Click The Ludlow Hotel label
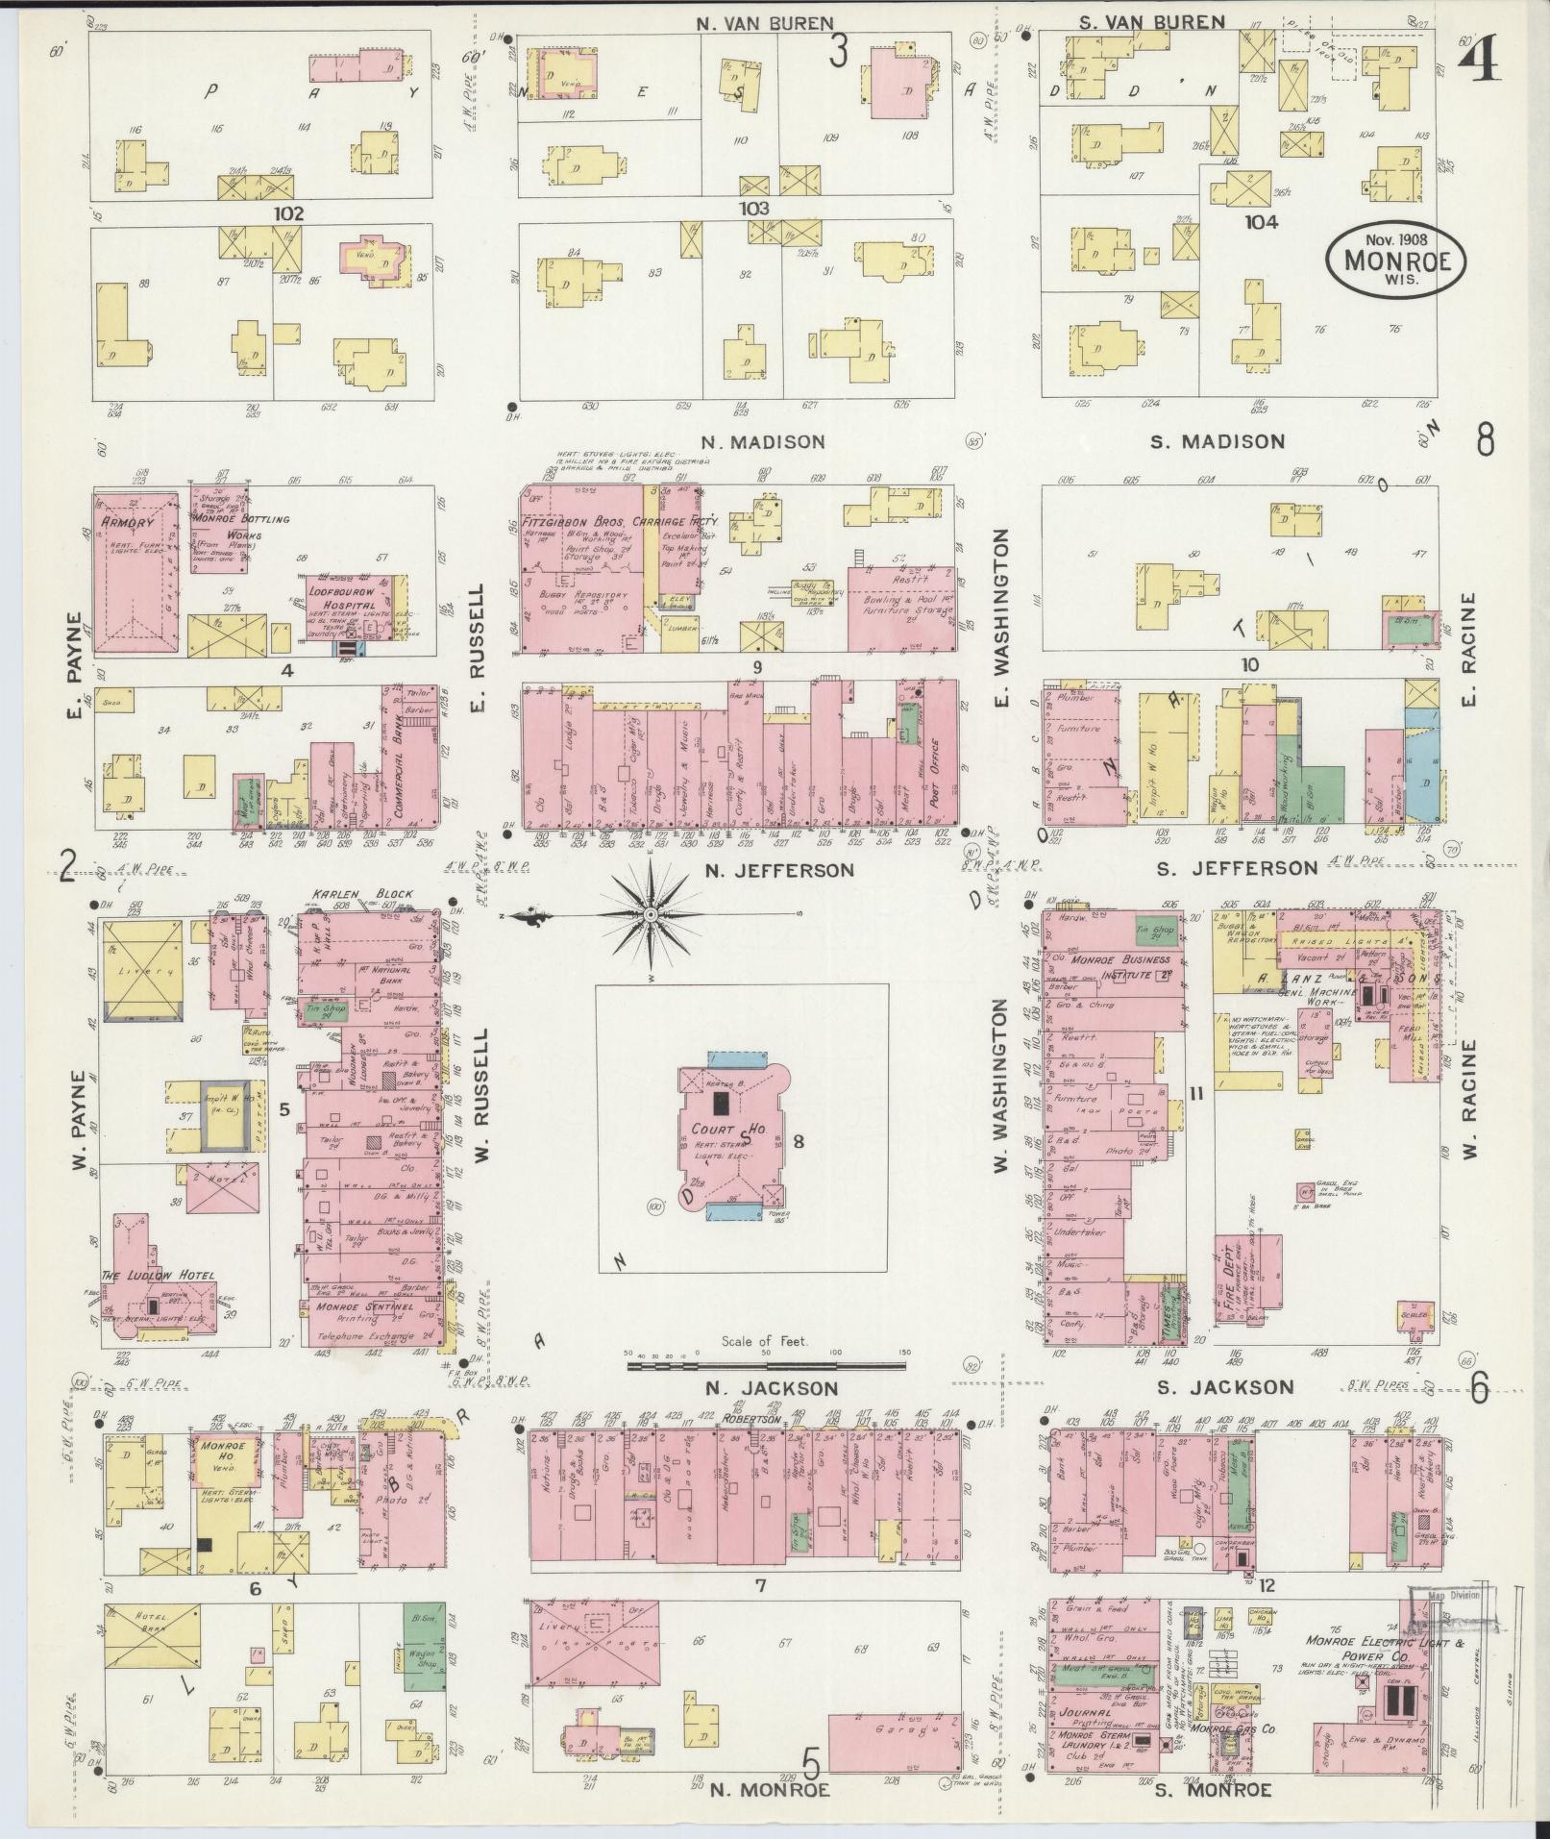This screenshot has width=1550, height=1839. coord(159,1276)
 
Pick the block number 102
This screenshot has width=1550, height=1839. coord(287,213)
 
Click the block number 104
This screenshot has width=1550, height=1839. coord(1260,222)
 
